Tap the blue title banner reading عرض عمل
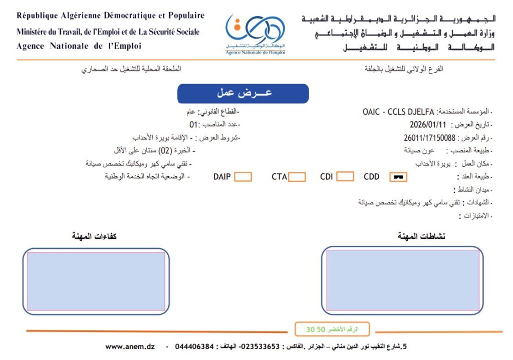point(243,94)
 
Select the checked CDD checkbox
point(398,177)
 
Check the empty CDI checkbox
point(345,177)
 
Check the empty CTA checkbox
point(297,177)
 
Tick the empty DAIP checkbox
point(243,177)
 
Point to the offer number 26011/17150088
point(429,138)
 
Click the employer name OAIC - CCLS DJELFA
point(398,112)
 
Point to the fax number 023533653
point(259,346)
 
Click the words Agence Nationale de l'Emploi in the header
point(79,46)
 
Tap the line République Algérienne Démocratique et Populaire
point(110,16)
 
